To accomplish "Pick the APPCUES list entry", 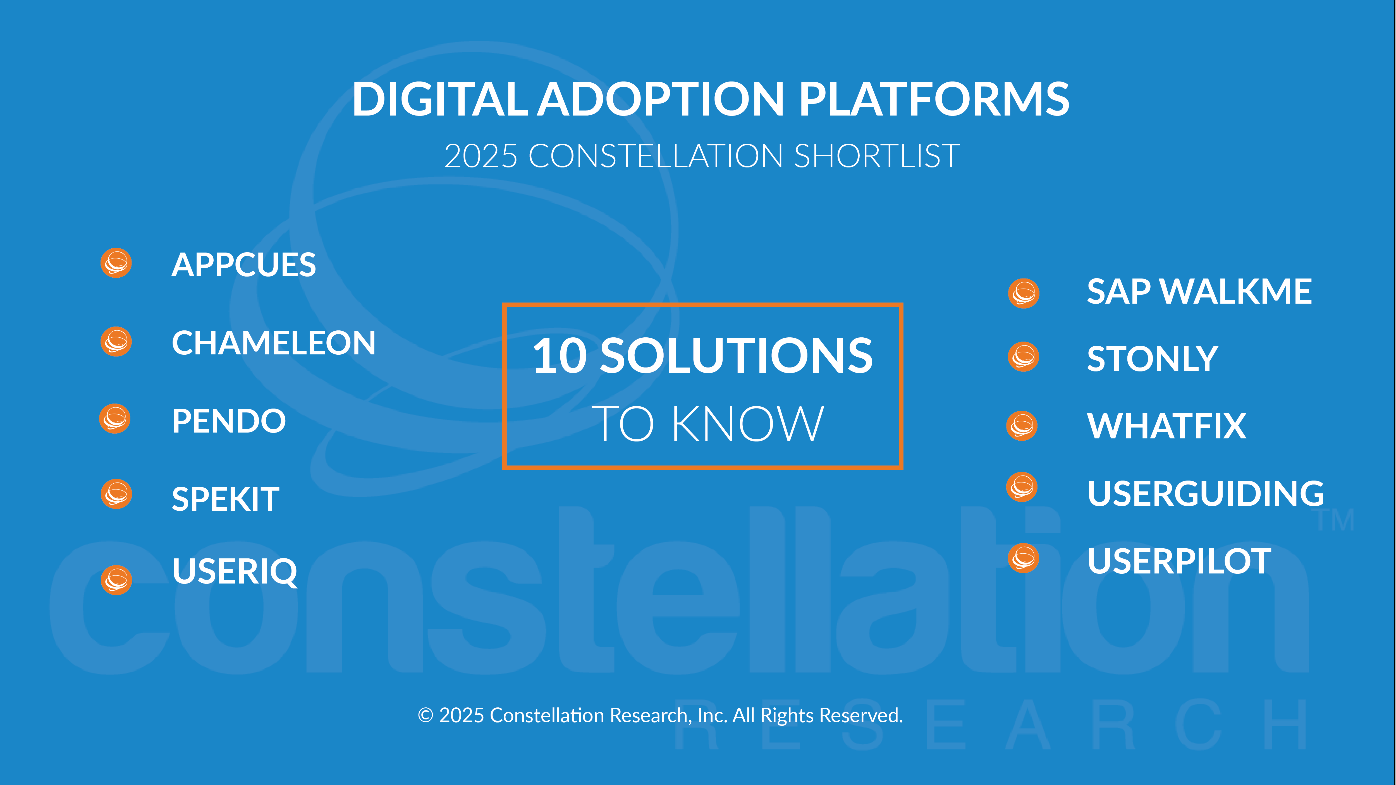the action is (x=244, y=265).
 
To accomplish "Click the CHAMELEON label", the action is (x=274, y=343).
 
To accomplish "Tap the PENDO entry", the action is (x=229, y=421).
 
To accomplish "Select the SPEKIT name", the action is (x=225, y=499).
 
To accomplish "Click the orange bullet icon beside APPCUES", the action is (x=116, y=263).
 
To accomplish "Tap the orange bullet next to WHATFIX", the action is (x=1022, y=426).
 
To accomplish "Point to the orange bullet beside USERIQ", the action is (x=116, y=580).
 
